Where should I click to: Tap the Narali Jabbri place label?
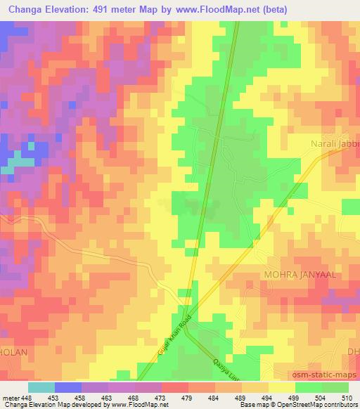(335, 146)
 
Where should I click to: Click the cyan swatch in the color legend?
(41, 387)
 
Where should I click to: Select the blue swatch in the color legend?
(68, 387)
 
